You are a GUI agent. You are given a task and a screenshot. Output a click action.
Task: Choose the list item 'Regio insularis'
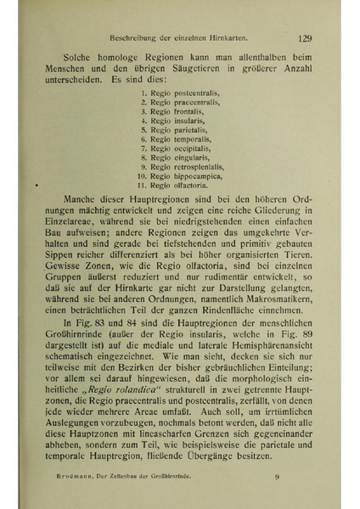(168, 121)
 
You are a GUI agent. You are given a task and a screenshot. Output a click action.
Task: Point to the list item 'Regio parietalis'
(169, 131)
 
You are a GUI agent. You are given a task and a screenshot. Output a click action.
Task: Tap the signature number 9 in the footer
(277, 478)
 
